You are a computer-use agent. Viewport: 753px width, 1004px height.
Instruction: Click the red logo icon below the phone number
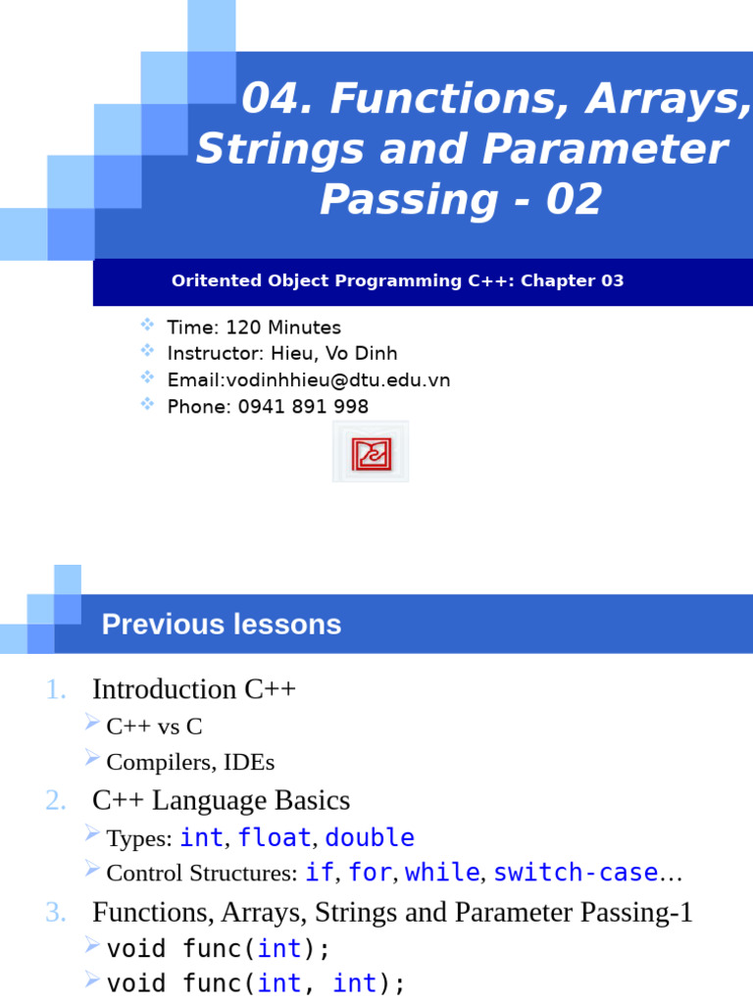click(x=371, y=452)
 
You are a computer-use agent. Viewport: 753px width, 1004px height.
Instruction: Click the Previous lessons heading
click(x=222, y=625)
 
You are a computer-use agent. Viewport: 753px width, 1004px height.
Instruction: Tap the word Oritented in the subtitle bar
click(x=210, y=281)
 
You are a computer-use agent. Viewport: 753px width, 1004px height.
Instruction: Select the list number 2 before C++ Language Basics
click(x=56, y=801)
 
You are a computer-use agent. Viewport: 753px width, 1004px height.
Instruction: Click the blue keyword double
click(x=370, y=838)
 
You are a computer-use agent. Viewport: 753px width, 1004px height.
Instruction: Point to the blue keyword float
click(x=274, y=838)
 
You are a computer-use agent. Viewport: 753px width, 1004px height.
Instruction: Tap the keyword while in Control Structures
click(x=442, y=873)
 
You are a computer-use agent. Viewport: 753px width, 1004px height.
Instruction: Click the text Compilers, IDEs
click(x=190, y=762)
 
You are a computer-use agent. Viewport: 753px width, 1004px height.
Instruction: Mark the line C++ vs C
click(x=154, y=728)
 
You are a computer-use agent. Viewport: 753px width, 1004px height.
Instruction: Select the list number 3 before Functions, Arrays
click(x=56, y=913)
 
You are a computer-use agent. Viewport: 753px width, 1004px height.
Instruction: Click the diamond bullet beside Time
click(x=147, y=325)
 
